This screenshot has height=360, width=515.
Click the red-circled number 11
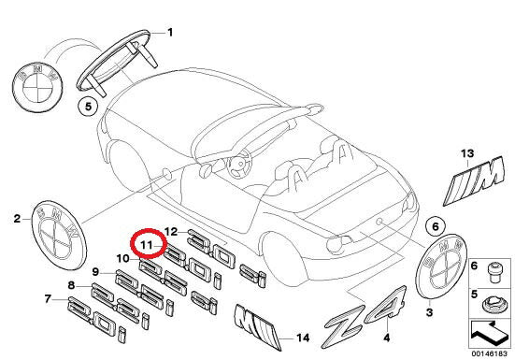(x=146, y=245)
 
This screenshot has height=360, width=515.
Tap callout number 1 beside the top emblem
(x=170, y=32)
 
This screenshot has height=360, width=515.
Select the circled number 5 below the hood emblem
(x=88, y=107)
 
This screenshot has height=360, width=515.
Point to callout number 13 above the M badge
(x=467, y=153)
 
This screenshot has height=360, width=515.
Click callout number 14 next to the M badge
(x=303, y=338)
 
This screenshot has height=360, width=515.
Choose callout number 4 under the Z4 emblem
(x=387, y=338)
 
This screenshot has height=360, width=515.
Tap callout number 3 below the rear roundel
(x=429, y=312)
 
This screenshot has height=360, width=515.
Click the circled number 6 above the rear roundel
(x=436, y=226)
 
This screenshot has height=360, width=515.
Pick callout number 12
(x=171, y=232)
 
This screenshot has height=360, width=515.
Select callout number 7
(x=48, y=299)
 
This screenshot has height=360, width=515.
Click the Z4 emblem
(x=365, y=315)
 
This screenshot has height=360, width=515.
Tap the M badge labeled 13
(x=474, y=181)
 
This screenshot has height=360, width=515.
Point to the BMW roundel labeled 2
(x=59, y=235)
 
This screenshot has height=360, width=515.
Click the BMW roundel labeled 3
(x=441, y=266)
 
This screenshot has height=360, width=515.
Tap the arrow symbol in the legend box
(x=489, y=333)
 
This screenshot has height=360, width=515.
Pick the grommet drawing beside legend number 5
(x=493, y=306)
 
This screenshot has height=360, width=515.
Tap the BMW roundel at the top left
(x=37, y=87)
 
